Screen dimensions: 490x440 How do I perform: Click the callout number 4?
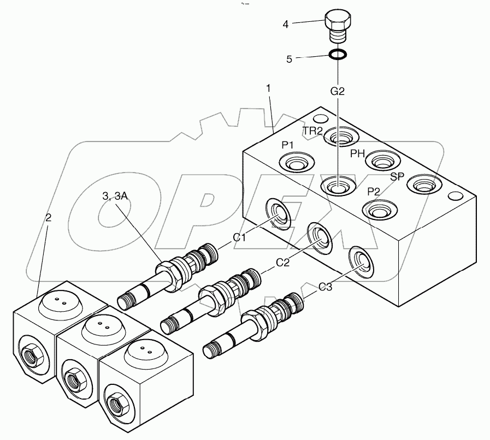point(286,24)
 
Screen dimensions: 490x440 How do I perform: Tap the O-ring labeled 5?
point(337,55)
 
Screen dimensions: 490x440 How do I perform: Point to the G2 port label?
point(338,92)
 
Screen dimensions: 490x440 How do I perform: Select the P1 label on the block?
point(288,145)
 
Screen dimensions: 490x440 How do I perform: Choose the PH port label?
point(357,154)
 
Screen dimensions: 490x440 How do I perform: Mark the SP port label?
point(397,176)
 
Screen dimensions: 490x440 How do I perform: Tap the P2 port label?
point(374,191)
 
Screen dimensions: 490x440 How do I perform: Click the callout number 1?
point(268,88)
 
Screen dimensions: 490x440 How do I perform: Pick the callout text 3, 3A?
point(114,197)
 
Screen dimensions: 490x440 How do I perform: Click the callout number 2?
point(49,218)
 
